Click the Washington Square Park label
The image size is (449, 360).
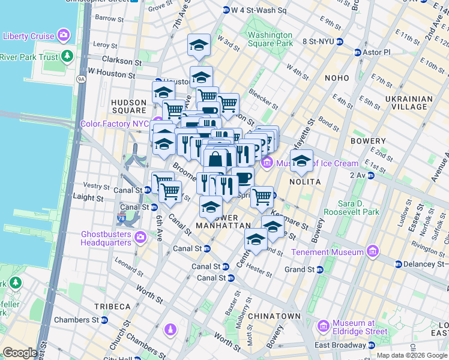(270, 39)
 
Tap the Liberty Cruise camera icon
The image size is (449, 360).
(62, 36)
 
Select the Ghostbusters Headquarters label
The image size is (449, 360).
(106, 238)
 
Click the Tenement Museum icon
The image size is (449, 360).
(373, 250)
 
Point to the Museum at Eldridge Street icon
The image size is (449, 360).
(323, 326)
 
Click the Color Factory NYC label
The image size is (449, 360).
(114, 124)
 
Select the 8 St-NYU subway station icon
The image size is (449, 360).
(340, 41)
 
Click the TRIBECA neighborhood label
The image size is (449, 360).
(112, 306)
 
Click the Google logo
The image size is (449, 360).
(20, 353)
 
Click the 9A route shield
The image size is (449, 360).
(80, 78)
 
